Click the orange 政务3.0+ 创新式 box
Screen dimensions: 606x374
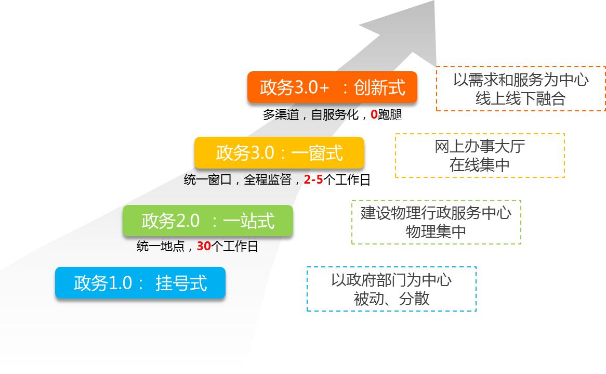(333, 87)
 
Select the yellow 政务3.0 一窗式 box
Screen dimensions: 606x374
(280, 153)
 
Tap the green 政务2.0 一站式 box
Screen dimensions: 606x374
(208, 221)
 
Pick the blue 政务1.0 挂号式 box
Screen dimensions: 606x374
(140, 283)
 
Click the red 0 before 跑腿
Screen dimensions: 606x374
(374, 114)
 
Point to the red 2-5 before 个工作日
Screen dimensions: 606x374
(313, 179)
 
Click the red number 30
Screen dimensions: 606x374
(204, 246)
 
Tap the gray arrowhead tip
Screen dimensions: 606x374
(434, 1)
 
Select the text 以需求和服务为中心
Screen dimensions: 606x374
(521, 80)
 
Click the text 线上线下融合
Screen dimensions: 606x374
(521, 99)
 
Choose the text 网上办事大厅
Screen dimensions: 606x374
(480, 146)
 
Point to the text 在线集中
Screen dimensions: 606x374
(480, 165)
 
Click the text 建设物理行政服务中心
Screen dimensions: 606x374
(436, 213)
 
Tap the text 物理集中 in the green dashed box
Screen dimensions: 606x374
(436, 231)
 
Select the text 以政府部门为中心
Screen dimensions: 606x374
(391, 280)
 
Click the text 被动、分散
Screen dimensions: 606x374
(391, 299)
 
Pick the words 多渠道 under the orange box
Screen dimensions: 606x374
(281, 114)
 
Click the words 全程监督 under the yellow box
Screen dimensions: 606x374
(268, 179)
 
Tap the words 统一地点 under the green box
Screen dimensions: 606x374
(161, 246)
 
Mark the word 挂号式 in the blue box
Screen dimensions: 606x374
(181, 283)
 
